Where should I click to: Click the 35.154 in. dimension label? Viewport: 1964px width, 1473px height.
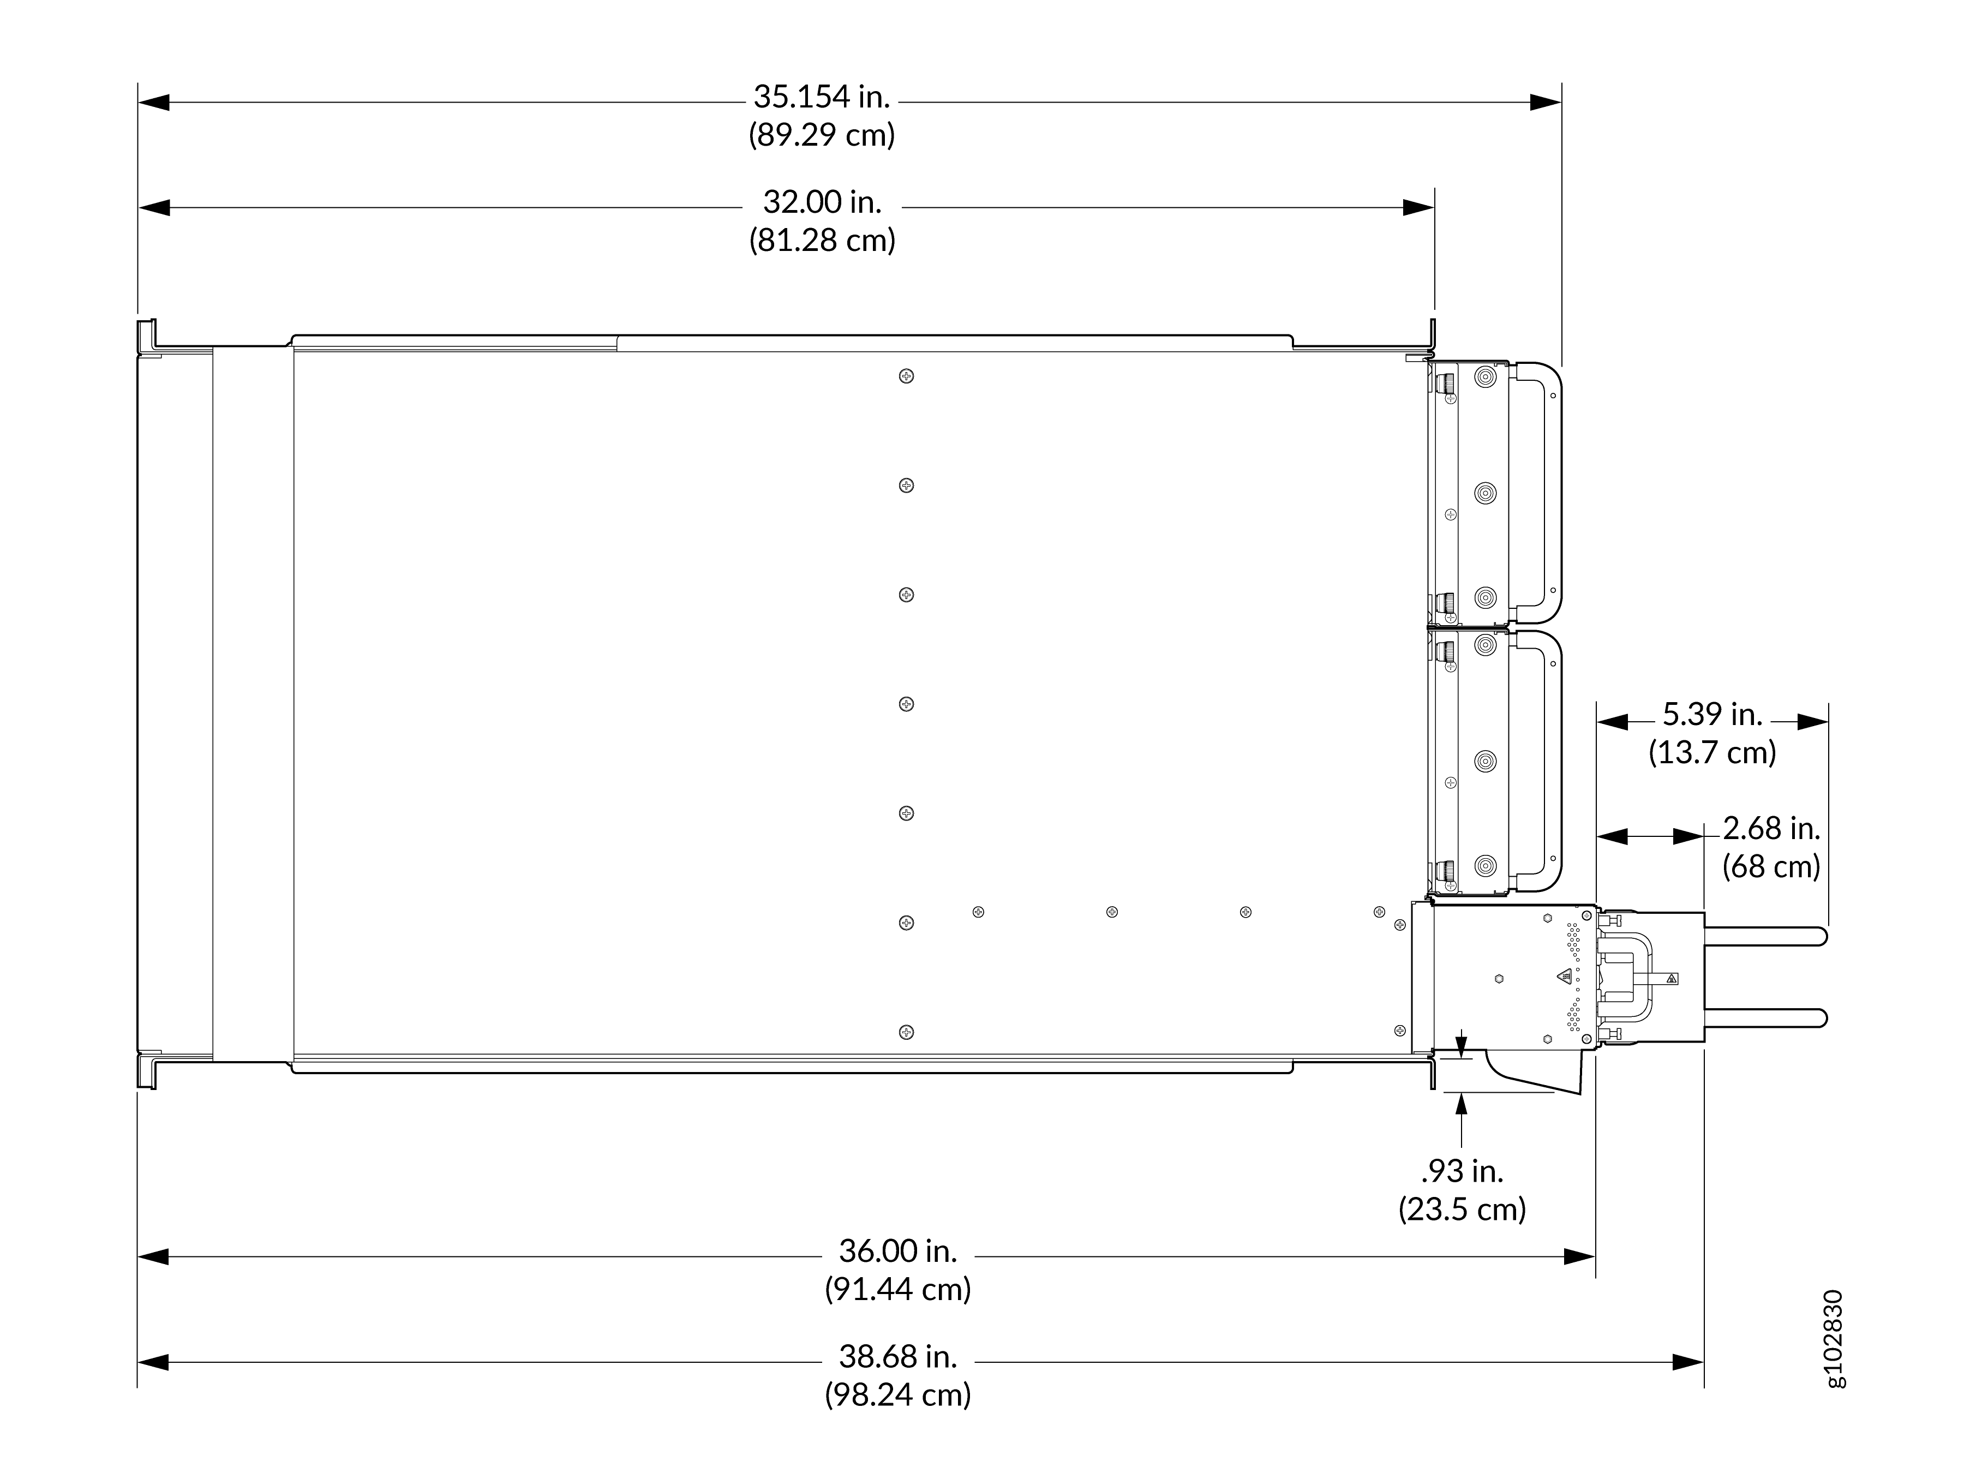click(821, 97)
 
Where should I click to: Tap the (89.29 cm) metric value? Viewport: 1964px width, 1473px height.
click(821, 135)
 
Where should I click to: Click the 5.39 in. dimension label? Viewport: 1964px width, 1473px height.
click(1712, 714)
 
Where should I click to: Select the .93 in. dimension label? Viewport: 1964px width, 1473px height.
click(1462, 1171)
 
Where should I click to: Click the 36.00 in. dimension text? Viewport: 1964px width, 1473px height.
click(897, 1251)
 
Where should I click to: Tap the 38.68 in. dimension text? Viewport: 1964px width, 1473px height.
click(897, 1357)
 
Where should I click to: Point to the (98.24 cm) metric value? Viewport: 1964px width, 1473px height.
click(897, 1395)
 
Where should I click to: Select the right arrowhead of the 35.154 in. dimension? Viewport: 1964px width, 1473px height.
click(1546, 102)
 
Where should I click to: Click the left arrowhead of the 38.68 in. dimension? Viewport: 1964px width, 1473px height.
click(153, 1362)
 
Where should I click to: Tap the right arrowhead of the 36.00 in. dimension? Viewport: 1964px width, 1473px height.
click(1579, 1256)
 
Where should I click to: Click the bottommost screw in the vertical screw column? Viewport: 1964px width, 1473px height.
click(906, 1032)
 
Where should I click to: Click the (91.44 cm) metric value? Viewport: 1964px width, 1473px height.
click(897, 1289)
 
